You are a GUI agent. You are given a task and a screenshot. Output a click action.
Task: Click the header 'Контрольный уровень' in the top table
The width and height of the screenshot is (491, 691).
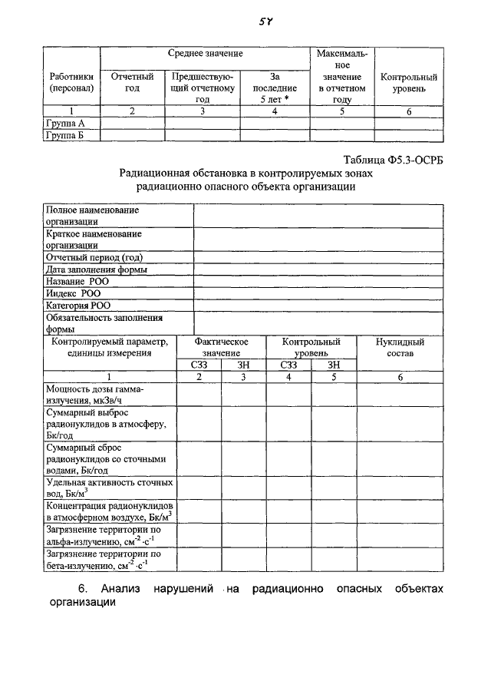point(409,83)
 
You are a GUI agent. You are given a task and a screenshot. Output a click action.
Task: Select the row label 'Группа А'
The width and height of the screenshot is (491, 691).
point(65,123)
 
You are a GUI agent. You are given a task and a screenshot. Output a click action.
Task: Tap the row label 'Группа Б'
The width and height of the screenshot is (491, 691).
point(65,135)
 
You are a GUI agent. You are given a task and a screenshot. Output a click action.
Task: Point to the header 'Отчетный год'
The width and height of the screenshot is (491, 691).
point(132,83)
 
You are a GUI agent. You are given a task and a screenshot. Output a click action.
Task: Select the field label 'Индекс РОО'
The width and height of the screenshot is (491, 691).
point(73,293)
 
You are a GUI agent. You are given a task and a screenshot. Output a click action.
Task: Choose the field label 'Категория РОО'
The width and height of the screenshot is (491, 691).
point(78,305)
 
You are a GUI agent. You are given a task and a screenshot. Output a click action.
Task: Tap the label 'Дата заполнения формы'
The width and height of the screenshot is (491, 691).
point(97,269)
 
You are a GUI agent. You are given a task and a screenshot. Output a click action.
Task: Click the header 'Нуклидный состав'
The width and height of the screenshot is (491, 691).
point(400,347)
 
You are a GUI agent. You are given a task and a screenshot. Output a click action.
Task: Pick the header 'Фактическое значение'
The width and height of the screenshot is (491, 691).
point(221,347)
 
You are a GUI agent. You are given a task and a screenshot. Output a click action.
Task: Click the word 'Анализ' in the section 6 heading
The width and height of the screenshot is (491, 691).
point(124,588)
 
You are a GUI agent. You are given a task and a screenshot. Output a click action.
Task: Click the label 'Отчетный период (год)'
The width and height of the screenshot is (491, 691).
point(94,257)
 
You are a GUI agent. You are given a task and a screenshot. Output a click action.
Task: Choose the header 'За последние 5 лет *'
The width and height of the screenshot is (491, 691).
point(274,88)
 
